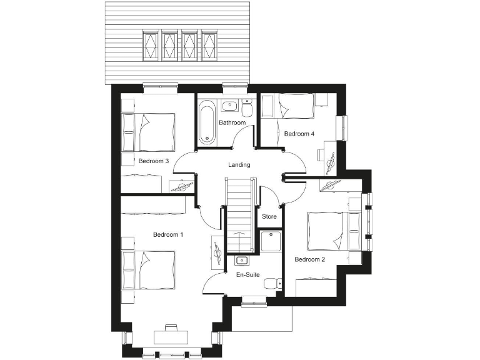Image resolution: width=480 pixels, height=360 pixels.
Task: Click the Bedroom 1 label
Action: [168, 234]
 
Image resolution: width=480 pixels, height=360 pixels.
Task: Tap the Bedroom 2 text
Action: [309, 260]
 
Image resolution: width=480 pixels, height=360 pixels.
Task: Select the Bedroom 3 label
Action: [154, 161]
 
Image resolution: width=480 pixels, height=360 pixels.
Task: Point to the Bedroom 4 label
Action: [299, 134]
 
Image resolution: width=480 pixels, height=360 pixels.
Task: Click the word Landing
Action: [239, 165]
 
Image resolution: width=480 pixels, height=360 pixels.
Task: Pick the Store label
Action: [269, 217]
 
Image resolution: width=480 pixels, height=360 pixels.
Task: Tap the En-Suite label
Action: [248, 274]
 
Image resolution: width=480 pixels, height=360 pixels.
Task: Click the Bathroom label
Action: [232, 122]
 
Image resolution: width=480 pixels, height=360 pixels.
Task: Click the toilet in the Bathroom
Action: [247, 111]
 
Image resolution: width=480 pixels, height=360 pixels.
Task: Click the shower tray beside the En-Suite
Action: [270, 241]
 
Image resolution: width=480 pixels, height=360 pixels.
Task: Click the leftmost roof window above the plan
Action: [151, 46]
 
